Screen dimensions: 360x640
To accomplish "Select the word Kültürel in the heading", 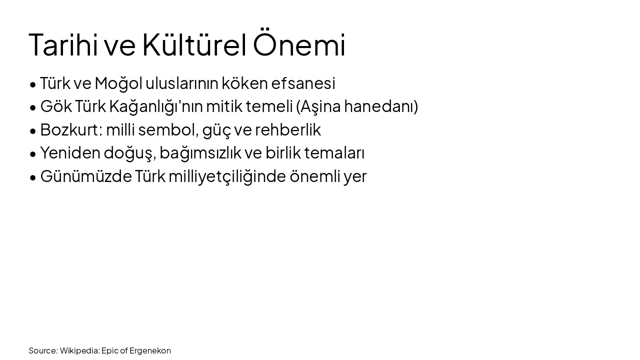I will coord(194,45).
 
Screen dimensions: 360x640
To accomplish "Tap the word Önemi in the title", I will coord(299,45).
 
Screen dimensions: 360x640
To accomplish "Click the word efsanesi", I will coord(303,83).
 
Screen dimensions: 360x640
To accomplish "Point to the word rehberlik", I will coord(288,129).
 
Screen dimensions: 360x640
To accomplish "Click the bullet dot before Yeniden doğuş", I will coord(33,154).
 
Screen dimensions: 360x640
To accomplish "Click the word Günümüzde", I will coord(85,176).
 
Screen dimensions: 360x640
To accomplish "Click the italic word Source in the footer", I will coord(42,350).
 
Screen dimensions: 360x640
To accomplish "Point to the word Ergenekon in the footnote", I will coord(150,350).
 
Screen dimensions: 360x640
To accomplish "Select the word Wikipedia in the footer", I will coord(79,350).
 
